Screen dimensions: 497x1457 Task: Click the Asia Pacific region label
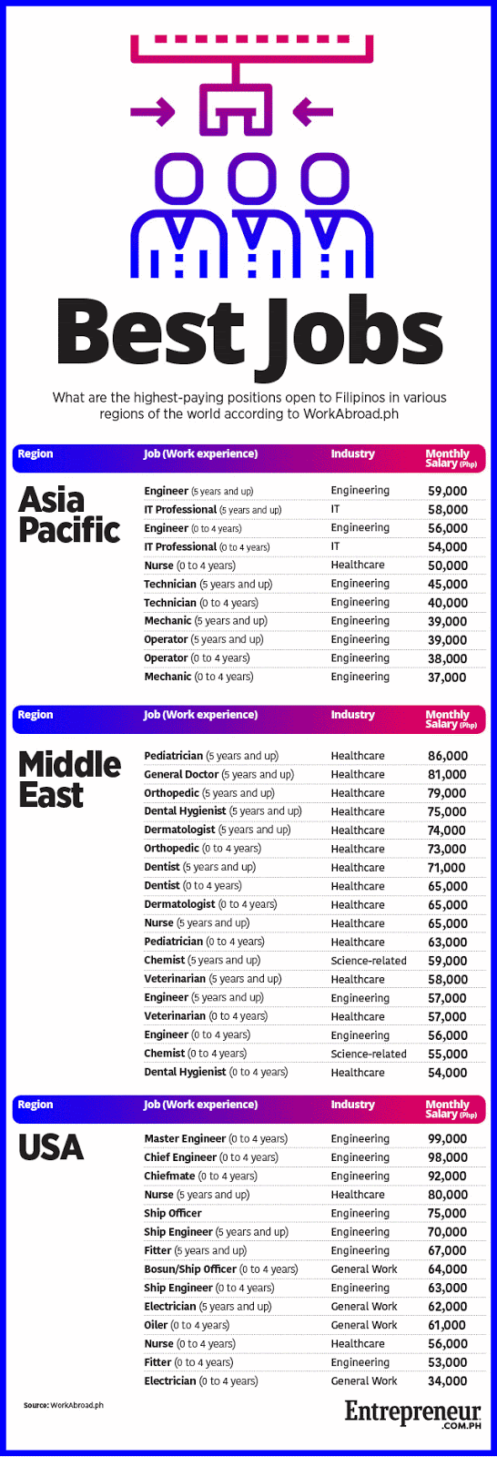[x=69, y=515]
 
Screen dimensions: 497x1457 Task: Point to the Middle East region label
[x=69, y=779]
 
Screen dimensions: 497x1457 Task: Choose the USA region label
[x=51, y=1147]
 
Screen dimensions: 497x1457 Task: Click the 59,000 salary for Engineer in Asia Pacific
[x=447, y=491]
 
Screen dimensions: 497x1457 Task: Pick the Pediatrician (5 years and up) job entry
[x=211, y=756]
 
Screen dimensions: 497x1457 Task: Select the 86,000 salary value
[x=447, y=756]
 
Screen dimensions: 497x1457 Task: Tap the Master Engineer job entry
[x=216, y=1138]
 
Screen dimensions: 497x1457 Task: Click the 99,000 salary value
[x=447, y=1138]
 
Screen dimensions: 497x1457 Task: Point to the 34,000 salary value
[x=447, y=1381]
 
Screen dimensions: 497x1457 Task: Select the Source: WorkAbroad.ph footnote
[x=64, y=1405]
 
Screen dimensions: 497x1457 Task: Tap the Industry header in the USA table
[x=353, y=1105]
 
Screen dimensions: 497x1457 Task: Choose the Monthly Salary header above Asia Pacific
[x=451, y=458]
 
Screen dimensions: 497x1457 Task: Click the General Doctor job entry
[x=219, y=774]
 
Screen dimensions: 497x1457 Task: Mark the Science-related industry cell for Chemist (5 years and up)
[x=369, y=961]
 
